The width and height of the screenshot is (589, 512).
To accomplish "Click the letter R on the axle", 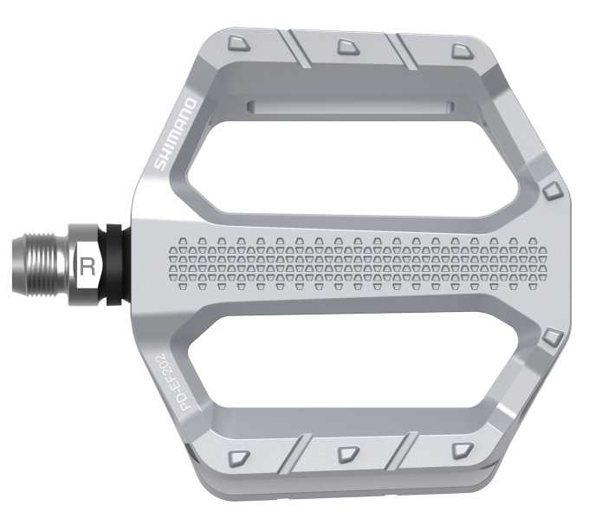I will [x=87, y=266].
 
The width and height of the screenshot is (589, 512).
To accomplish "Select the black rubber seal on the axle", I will [x=113, y=265].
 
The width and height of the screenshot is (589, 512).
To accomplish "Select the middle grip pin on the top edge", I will [x=346, y=45].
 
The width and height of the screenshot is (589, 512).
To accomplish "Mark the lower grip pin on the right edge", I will [x=552, y=336].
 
